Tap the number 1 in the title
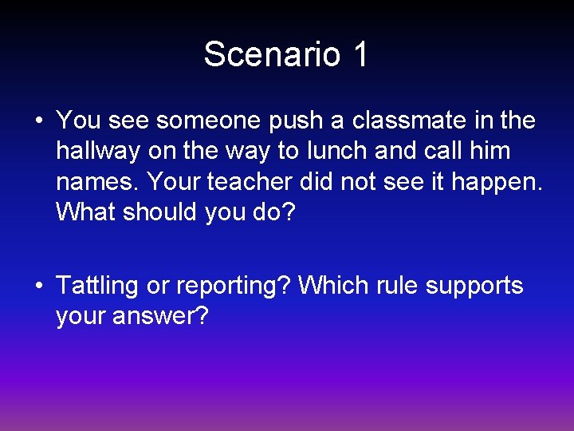click(x=359, y=55)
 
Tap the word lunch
click(x=336, y=151)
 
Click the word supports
click(x=474, y=286)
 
